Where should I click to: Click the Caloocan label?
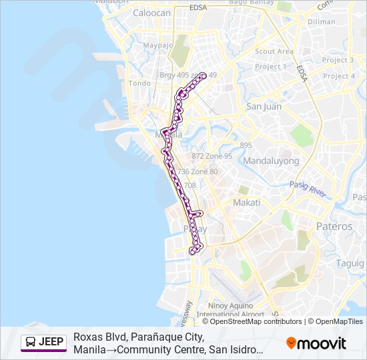152,13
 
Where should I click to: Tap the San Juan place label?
264,107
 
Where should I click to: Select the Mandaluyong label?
271,161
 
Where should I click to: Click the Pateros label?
334,227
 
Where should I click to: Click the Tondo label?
139,83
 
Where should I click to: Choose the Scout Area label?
274,51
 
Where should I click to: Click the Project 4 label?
338,76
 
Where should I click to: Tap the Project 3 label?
338,60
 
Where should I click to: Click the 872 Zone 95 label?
212,156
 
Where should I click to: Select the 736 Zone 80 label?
198,171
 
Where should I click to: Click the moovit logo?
316,343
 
